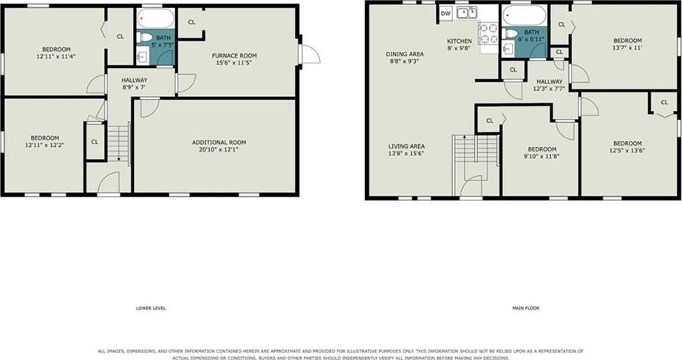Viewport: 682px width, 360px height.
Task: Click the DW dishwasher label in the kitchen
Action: coord(446,13)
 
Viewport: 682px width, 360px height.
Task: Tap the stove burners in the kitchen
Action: coord(489,33)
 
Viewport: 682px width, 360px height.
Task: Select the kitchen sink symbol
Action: coord(467,13)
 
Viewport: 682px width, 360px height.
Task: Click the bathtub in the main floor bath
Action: coord(524,16)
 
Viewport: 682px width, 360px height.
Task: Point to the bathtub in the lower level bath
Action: coord(156,18)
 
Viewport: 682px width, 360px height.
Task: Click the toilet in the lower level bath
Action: coord(144,37)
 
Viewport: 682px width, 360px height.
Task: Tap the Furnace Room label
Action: coord(234,55)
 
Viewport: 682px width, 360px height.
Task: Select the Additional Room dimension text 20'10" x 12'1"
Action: coord(219,149)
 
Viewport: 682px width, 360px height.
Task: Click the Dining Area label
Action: coord(405,55)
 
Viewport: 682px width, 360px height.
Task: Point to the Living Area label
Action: coord(406,146)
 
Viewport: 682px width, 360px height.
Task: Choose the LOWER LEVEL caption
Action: coord(151,308)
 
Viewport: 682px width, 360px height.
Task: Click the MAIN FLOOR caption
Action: coord(526,308)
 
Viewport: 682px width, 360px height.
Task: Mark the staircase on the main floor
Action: coord(475,150)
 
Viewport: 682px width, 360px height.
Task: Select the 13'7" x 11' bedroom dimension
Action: coord(627,47)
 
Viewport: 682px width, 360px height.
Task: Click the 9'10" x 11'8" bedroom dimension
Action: coord(542,156)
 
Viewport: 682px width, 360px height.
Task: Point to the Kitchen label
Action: coord(460,41)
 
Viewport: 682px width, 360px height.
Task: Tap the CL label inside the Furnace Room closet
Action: coord(191,22)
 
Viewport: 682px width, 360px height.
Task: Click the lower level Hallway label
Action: coord(134,80)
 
